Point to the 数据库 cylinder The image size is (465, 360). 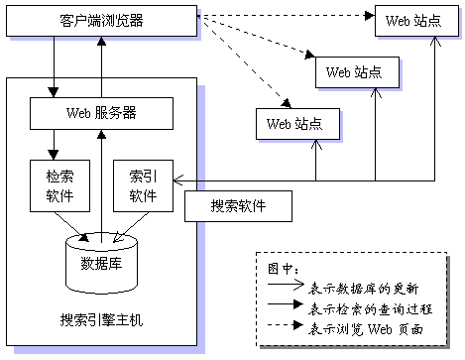click(x=100, y=260)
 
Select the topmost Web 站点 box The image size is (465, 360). click(x=409, y=21)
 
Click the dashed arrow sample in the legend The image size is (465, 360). click(x=283, y=326)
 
